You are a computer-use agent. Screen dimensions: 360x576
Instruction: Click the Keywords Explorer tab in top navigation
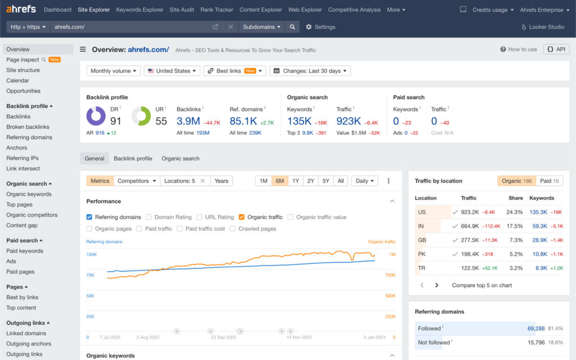pyautogui.click(x=139, y=10)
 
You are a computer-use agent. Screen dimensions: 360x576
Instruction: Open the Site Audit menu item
pyautogui.click(x=182, y=10)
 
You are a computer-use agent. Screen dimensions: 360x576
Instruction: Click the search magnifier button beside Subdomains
pyautogui.click(x=292, y=26)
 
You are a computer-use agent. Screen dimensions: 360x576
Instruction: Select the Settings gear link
pyautogui.click(x=321, y=26)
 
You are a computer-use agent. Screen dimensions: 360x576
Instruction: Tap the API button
pyautogui.click(x=556, y=49)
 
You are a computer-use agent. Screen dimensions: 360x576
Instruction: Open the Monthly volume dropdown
pyautogui.click(x=114, y=71)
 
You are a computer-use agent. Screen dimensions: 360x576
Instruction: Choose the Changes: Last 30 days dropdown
pyautogui.click(x=310, y=71)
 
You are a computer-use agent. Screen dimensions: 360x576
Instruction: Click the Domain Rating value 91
pyautogui.click(x=116, y=121)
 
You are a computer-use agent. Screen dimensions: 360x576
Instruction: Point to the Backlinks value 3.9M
pyautogui.click(x=188, y=121)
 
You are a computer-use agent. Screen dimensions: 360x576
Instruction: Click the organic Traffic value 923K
pyautogui.click(x=348, y=121)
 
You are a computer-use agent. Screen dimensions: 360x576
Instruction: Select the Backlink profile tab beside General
pyautogui.click(x=133, y=159)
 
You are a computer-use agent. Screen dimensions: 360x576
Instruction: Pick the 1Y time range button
pyautogui.click(x=296, y=181)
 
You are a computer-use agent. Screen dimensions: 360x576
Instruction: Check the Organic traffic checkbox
pyautogui.click(x=242, y=217)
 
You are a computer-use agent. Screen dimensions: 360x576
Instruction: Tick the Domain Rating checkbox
pyautogui.click(x=148, y=217)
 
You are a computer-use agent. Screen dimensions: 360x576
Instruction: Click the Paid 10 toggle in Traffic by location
pyautogui.click(x=549, y=181)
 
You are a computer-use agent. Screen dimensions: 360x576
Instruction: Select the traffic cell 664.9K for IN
pyautogui.click(x=470, y=226)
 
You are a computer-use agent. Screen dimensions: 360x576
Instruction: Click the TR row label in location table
pyautogui.click(x=422, y=268)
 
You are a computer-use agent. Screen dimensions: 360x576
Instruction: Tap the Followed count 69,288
pyautogui.click(x=535, y=328)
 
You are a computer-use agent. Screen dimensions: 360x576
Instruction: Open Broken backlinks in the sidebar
pyautogui.click(x=28, y=127)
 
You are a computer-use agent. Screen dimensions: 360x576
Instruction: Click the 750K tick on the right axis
pyautogui.click(x=390, y=275)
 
